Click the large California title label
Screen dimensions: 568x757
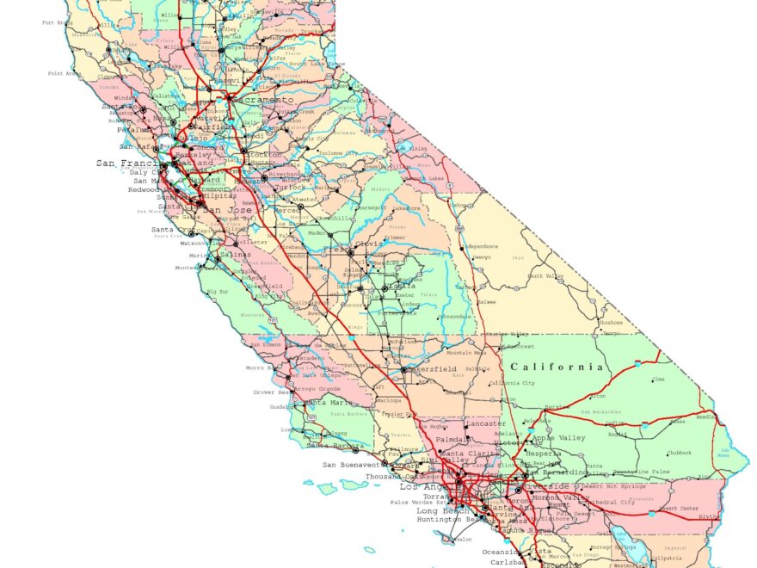[557, 367]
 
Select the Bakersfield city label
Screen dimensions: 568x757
[433, 369]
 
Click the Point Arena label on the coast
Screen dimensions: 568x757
[65, 74]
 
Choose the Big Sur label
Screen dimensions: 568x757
[218, 293]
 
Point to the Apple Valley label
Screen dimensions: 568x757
[558, 438]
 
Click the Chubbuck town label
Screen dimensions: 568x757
[678, 453]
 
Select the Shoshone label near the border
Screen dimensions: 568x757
[610, 324]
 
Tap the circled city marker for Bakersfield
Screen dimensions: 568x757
[403, 370]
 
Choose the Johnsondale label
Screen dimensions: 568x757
[452, 316]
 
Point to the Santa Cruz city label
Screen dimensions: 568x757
[170, 230]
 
